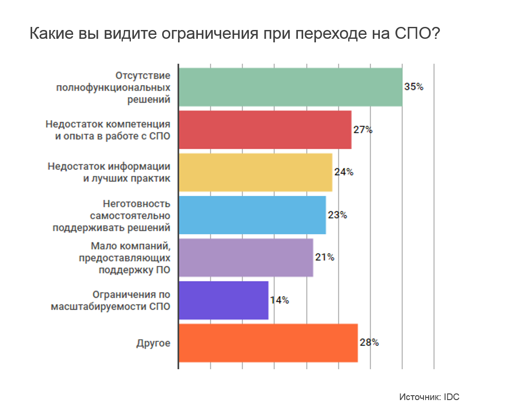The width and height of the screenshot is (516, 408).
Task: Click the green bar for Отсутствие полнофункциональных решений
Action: coord(290,87)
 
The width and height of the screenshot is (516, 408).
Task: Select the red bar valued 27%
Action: coord(265,130)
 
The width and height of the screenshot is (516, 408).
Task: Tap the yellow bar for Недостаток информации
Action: coord(255,172)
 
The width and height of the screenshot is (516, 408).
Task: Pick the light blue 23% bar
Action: coord(252,215)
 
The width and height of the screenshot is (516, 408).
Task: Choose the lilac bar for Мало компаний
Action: coord(245,258)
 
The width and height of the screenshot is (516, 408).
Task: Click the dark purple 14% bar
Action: coord(223,300)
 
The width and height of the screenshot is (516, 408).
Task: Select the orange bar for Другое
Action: coord(268,343)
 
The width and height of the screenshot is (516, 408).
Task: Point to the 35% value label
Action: coord(414,87)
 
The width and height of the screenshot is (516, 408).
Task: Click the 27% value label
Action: coord(363,130)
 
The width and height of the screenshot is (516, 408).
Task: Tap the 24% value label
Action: coord(344,172)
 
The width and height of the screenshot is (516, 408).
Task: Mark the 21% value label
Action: coord(324,258)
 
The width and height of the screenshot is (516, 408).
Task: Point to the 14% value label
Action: coord(279,300)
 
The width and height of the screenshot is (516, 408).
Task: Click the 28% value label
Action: coord(369,343)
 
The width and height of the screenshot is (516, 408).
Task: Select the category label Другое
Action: coord(153,343)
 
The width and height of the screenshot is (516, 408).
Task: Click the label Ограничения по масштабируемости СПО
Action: coord(111,300)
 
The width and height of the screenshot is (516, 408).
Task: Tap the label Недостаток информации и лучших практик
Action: coord(109,172)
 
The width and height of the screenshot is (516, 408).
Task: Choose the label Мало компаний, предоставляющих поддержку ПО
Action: coord(125,258)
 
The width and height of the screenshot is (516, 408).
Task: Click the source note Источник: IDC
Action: coord(429,397)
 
